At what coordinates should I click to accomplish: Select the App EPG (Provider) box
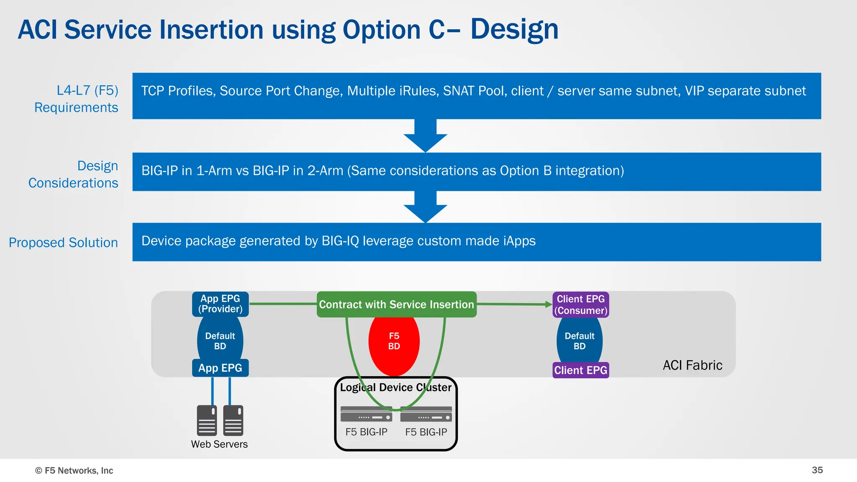point(220,304)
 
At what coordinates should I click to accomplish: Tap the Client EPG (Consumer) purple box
point(580,305)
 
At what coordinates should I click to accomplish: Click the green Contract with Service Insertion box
point(396,304)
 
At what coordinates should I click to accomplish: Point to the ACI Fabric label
point(692,365)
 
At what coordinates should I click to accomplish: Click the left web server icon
point(207,420)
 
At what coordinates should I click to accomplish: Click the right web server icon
point(233,420)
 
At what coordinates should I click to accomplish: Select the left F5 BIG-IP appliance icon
point(366,414)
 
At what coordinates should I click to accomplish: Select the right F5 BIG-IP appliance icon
point(426,414)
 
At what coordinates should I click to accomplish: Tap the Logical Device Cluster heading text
point(395,387)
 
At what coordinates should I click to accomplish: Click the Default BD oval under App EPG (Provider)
point(220,341)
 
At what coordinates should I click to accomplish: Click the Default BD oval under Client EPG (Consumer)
point(580,341)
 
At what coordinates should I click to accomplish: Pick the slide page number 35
point(817,470)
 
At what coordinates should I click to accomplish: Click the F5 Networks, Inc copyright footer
point(74,470)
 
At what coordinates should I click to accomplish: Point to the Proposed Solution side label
point(63,242)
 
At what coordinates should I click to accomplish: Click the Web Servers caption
point(219,444)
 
